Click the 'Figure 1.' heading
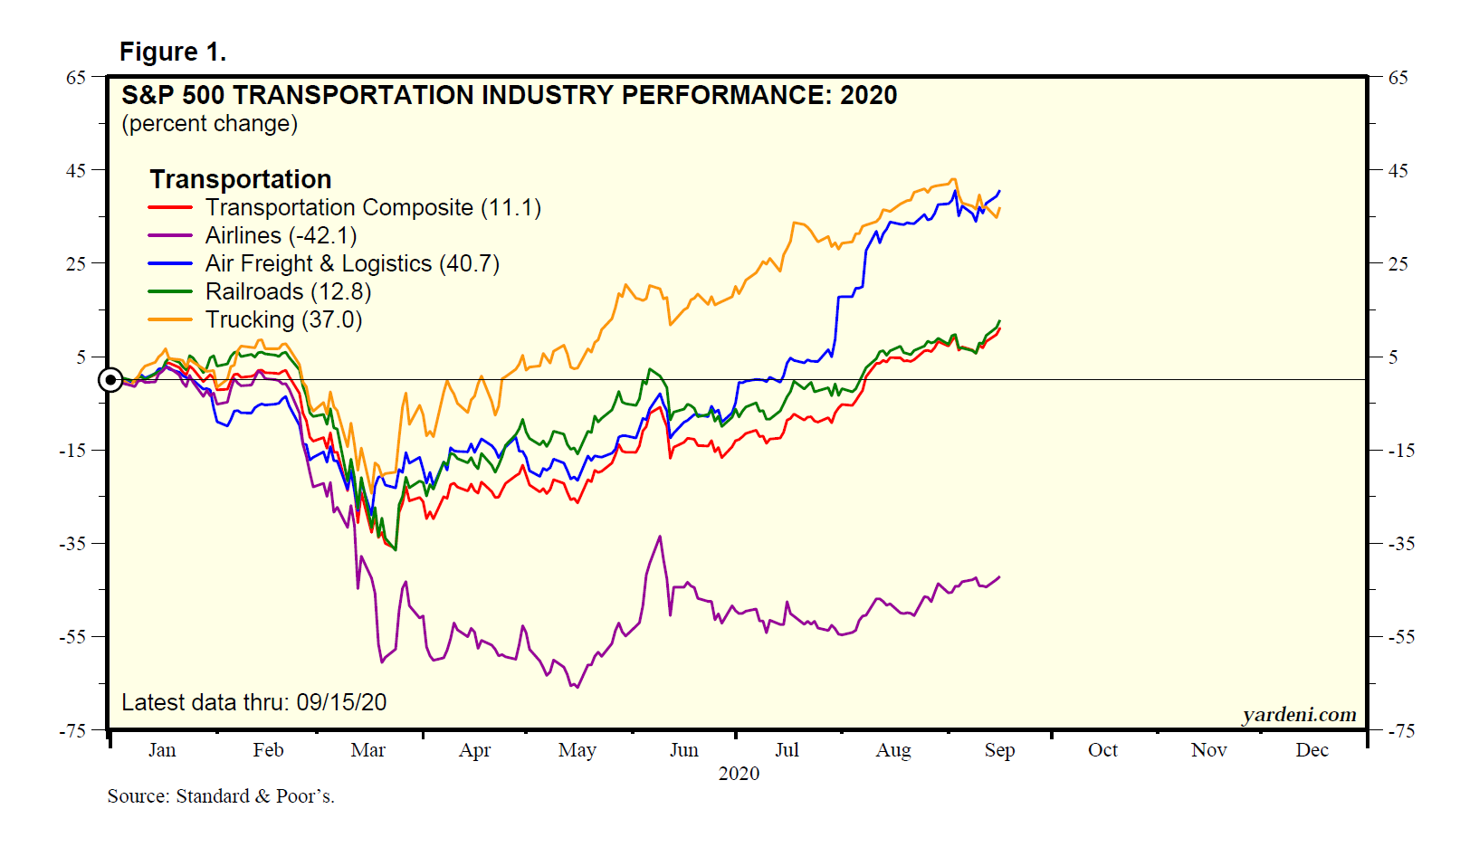(x=172, y=52)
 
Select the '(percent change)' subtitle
(x=209, y=124)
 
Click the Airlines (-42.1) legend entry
(x=281, y=235)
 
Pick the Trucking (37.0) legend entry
(x=283, y=319)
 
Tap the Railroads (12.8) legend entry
(x=288, y=291)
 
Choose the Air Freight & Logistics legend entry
(x=352, y=263)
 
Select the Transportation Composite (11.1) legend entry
(x=373, y=207)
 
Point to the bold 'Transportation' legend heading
(x=241, y=179)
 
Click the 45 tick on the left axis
(x=75, y=170)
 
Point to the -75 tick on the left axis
(x=72, y=730)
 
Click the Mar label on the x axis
(x=368, y=750)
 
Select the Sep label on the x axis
(x=999, y=750)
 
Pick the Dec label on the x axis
(x=1312, y=750)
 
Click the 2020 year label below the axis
(x=739, y=774)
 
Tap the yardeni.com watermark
(x=1299, y=715)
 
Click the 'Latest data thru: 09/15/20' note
(x=254, y=702)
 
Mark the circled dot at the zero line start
(x=110, y=380)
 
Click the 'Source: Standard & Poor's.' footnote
(x=221, y=796)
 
